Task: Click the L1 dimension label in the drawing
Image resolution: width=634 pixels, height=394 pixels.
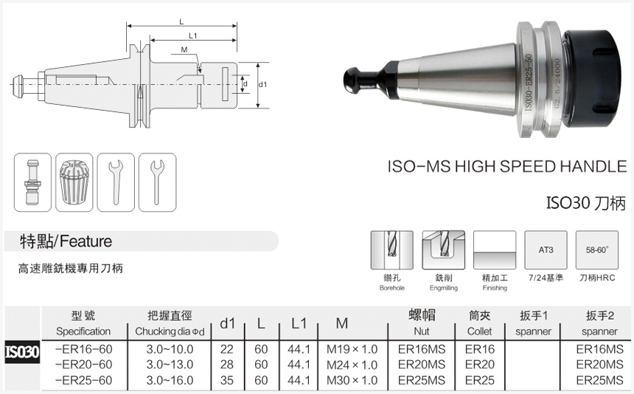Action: point(192,35)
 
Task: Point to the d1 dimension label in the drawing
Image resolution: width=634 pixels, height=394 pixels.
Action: point(262,85)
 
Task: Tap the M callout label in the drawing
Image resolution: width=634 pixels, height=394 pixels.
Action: point(184,50)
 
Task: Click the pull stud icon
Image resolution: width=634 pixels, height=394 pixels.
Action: point(33,182)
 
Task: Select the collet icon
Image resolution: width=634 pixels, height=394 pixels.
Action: point(74,182)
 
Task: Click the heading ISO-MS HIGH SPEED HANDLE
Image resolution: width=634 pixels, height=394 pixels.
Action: point(506,167)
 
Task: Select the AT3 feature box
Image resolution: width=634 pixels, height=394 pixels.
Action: point(546,251)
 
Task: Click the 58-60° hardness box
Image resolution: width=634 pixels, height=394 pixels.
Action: point(597,251)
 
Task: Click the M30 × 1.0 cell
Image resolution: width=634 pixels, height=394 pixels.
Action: point(352,380)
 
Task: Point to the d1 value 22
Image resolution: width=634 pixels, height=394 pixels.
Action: point(227,348)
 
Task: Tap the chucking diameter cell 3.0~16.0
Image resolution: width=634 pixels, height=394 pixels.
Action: point(170,380)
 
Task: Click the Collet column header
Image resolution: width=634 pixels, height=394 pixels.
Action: point(480,323)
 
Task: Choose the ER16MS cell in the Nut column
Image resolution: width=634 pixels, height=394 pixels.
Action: point(422,348)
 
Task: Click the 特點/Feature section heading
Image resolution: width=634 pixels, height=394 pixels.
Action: point(66,241)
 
